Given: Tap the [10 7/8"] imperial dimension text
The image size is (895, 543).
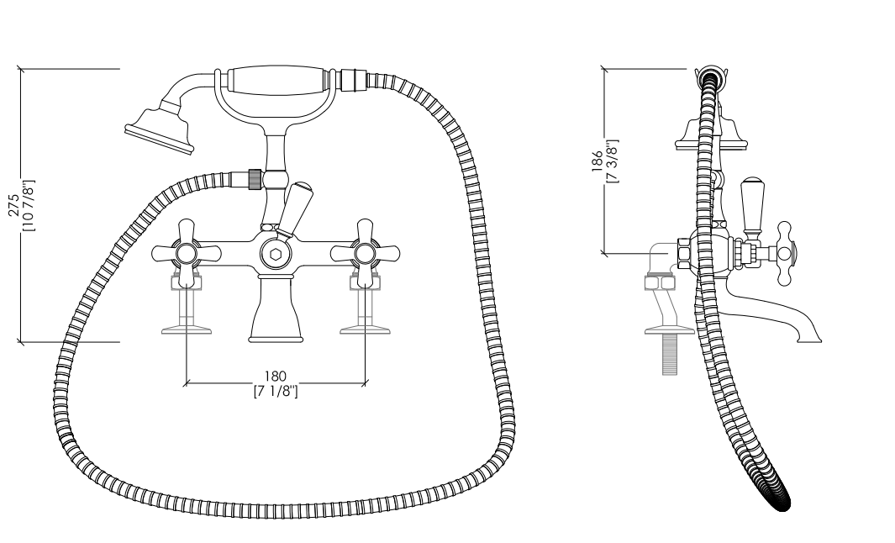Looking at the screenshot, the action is point(29,206).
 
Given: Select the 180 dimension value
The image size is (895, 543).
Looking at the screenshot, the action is point(275,377).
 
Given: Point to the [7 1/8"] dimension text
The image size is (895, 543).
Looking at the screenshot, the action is point(276,392).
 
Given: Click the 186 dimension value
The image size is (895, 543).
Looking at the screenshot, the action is point(597,161).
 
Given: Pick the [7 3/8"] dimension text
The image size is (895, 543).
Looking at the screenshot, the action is point(613,161).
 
